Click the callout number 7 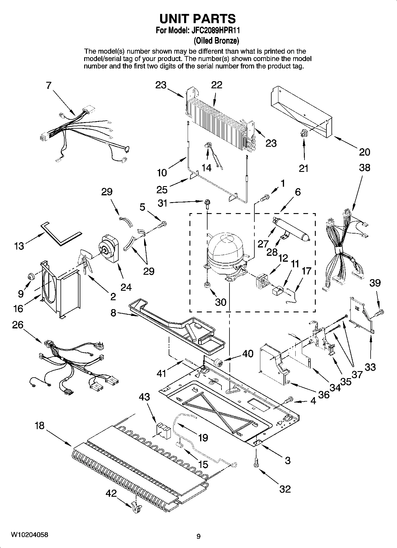(x=49, y=85)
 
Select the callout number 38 (x=364, y=167)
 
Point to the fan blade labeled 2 (x=86, y=261)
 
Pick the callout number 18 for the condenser (x=39, y=426)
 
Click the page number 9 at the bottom (x=198, y=536)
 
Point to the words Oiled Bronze (x=216, y=40)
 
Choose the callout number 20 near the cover (x=364, y=152)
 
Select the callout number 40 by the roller (x=248, y=353)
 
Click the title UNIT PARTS (x=198, y=18)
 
